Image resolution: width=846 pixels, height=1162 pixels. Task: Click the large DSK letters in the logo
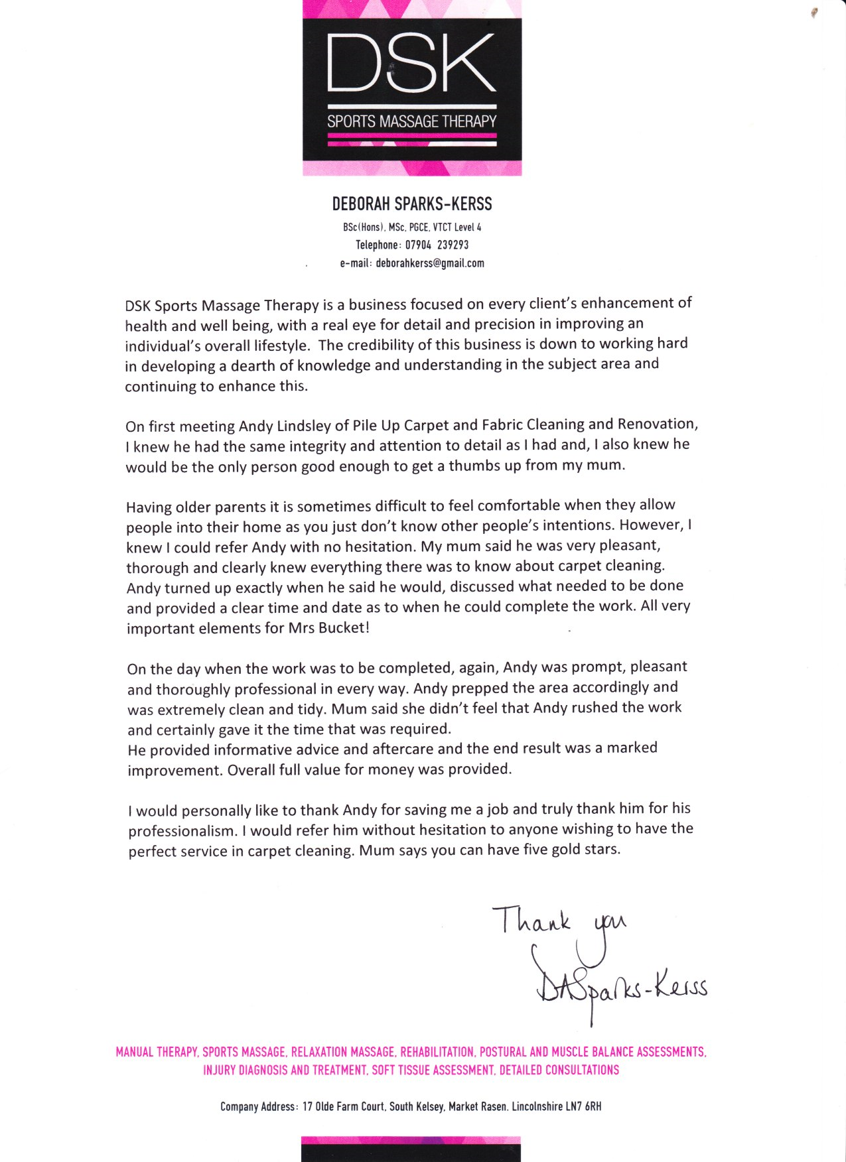[x=411, y=63]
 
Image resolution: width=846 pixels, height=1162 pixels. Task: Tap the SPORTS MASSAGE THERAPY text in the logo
[x=411, y=121]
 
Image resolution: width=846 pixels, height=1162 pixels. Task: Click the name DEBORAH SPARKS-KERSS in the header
[x=411, y=204]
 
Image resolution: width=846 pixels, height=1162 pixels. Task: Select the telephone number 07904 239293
[x=437, y=245]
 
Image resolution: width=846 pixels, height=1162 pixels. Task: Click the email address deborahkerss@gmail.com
[x=430, y=263]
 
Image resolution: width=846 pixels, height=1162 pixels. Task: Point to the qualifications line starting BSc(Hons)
[x=411, y=227]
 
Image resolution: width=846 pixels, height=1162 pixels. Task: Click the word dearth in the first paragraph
[x=255, y=366]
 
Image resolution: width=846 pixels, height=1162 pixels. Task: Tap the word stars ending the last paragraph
[x=600, y=849]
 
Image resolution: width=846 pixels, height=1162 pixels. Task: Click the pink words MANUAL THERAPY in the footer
[x=157, y=1052]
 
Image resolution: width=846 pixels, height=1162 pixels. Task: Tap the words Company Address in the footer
[x=258, y=1106]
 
